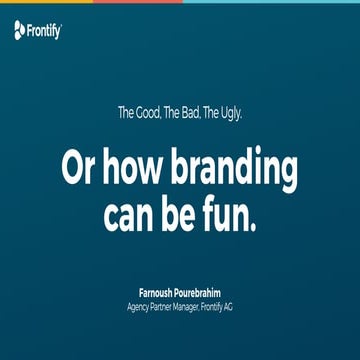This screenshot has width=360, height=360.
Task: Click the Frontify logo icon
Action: (x=20, y=31)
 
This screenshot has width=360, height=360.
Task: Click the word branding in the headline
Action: (x=238, y=170)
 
